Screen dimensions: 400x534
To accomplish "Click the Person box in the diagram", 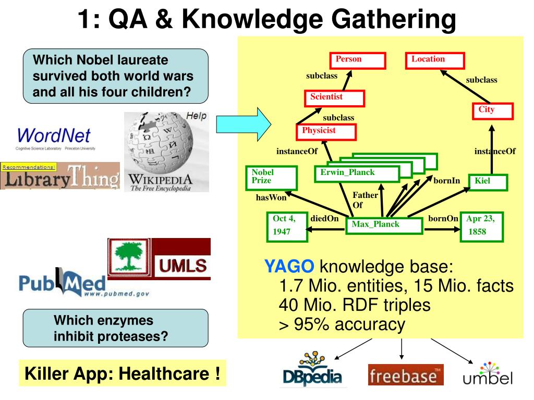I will coord(357,60).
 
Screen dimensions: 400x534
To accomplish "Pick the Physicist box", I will coord(326,132).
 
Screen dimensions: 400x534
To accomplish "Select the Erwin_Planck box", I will coord(356,173).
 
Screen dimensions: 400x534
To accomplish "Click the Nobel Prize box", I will coord(271,177).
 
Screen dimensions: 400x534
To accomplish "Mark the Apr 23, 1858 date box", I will coord(481,227).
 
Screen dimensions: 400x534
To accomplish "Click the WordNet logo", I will coord(54,139).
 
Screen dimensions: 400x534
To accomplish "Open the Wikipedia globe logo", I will coord(166,151).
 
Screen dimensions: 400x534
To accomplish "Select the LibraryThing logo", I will coord(59,177).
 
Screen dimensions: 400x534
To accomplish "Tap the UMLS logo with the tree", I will coord(159,259).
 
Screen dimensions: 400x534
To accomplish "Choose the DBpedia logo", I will coord(312,371).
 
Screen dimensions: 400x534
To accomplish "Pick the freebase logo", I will coord(406,374).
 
